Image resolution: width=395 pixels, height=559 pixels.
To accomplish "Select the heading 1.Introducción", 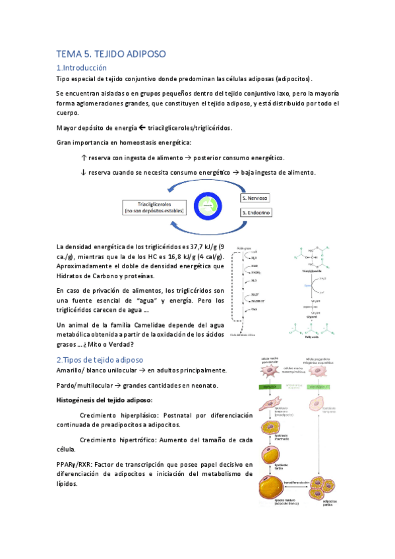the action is (x=81, y=67).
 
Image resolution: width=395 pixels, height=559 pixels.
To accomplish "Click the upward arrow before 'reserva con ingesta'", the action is (x=83, y=158).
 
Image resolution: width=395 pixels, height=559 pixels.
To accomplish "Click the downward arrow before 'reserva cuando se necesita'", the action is (x=83, y=172).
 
